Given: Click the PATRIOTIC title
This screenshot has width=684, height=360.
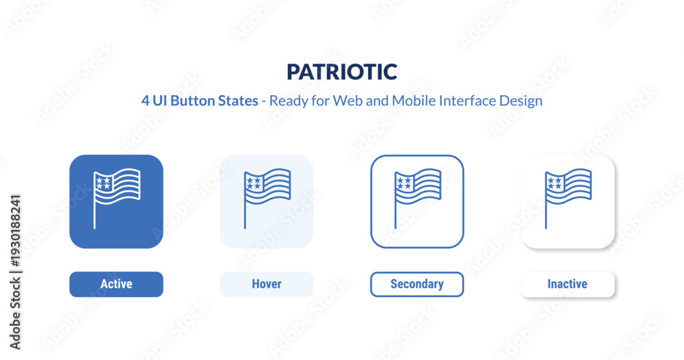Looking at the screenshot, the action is pos(342,72).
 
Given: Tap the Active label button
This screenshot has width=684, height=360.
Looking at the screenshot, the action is pos(116,284).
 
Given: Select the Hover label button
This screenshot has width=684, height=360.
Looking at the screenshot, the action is pos(267,284).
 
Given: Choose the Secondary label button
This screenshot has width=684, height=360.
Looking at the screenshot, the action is pos(417,284).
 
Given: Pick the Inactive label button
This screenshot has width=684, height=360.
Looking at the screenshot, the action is pos(568,284).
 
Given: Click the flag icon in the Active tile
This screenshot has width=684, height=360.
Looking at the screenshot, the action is pos(117,198).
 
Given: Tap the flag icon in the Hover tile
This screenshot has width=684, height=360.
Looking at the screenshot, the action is pos(267,198).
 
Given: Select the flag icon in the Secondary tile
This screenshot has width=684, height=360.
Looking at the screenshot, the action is pos(417,198).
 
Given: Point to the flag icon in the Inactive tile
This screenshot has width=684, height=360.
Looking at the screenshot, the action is pos(568,198).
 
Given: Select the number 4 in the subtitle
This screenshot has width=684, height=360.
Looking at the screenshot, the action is pos(145,101).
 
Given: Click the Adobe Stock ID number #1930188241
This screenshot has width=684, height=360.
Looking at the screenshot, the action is pos(16,231).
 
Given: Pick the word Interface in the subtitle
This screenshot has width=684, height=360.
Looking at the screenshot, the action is pos(467,101).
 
